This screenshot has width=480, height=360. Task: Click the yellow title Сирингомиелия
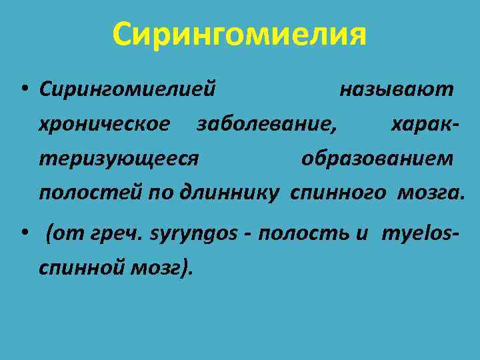(239, 33)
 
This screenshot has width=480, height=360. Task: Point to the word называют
(397, 89)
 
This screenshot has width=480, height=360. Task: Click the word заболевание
(266, 124)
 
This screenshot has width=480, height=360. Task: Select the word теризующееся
(119, 159)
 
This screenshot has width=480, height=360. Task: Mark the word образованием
(377, 159)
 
